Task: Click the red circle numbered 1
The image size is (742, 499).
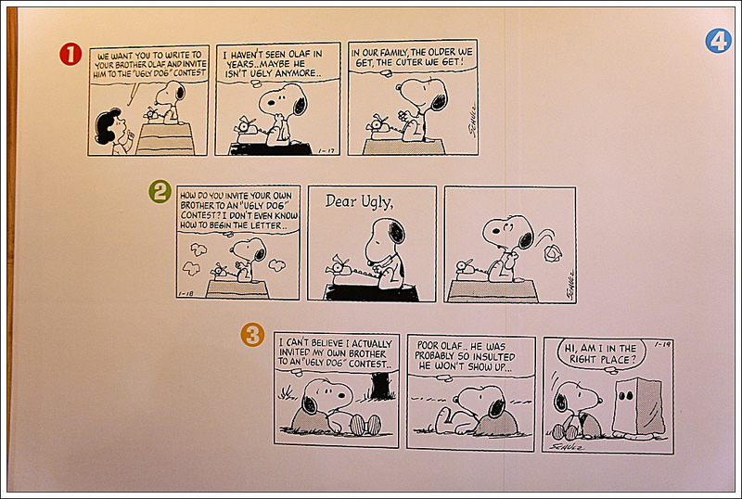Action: [70, 54]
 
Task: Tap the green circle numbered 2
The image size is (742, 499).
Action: [160, 191]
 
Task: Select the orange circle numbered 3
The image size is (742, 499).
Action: [252, 335]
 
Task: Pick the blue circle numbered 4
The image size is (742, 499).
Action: [718, 41]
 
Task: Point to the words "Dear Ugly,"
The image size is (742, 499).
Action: [359, 201]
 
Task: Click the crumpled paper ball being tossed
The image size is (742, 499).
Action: [552, 253]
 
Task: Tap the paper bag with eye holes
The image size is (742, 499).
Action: [638, 406]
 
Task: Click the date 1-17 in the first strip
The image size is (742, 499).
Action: [326, 151]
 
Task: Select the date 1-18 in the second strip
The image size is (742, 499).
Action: [186, 293]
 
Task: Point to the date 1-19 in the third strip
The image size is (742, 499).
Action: [663, 344]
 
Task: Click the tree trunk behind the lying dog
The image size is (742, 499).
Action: [380, 386]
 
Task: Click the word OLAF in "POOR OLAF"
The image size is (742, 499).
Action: [453, 346]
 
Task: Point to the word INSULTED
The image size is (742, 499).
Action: [493, 356]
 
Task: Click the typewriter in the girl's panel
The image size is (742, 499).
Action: [152, 114]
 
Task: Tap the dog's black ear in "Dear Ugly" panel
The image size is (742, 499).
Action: [397, 233]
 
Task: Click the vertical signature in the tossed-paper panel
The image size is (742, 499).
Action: [569, 285]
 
